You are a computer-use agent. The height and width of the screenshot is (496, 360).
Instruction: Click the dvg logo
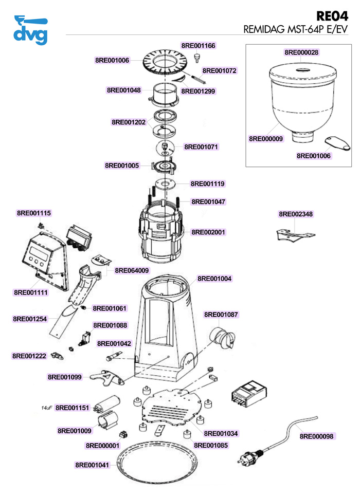pyautogui.click(x=31, y=30)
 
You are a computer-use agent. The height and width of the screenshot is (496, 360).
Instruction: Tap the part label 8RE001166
pyautogui.click(x=199, y=46)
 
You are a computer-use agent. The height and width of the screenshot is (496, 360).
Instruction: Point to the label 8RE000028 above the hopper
pyautogui.click(x=301, y=52)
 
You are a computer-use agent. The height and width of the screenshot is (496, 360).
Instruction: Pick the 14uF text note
pyautogui.click(x=47, y=408)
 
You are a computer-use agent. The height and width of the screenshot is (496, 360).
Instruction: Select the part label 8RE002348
pyautogui.click(x=296, y=214)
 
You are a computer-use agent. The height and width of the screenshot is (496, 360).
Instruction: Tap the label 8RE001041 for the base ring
pyautogui.click(x=93, y=465)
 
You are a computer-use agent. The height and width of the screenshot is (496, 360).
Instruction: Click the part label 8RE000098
pyautogui.click(x=317, y=436)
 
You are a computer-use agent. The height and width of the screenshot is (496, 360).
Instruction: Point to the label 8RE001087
pyautogui.click(x=221, y=314)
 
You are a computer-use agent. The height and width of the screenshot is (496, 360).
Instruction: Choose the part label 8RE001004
pyautogui.click(x=214, y=279)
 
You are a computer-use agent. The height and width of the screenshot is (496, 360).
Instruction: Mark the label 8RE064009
pyautogui.click(x=132, y=270)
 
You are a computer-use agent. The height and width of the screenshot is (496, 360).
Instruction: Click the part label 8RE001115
pyautogui.click(x=34, y=213)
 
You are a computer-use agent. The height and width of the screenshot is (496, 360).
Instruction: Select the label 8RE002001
pyautogui.click(x=208, y=232)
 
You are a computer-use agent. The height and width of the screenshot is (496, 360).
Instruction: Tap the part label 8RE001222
pyautogui.click(x=29, y=356)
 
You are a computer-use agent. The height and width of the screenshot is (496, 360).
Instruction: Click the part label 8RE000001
pyautogui.click(x=103, y=445)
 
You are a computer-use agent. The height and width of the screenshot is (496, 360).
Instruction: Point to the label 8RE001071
pyautogui.click(x=202, y=147)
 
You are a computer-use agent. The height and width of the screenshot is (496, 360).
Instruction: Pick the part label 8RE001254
pyautogui.click(x=30, y=319)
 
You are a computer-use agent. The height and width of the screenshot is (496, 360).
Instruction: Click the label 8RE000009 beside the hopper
pyautogui.click(x=265, y=139)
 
